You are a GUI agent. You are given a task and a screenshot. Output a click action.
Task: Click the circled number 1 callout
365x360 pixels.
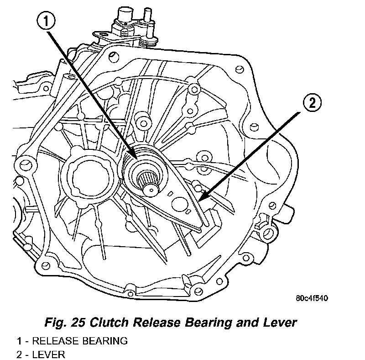click(46, 21)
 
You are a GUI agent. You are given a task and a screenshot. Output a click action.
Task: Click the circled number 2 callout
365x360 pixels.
click(312, 103)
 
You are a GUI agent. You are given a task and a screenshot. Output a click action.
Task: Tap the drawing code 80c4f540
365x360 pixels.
click(312, 298)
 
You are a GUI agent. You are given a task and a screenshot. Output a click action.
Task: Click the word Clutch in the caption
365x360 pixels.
click(109, 323)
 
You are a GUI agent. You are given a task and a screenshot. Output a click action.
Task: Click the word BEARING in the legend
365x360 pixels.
click(105, 341)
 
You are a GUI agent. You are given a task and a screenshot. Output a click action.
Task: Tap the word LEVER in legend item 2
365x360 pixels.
click(49, 355)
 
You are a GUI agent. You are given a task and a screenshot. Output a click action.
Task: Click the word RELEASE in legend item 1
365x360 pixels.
click(56, 341)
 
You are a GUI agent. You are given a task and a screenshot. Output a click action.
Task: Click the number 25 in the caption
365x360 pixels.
click(78, 323)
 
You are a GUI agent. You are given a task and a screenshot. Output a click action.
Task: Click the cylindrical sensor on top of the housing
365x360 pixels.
click(125, 14)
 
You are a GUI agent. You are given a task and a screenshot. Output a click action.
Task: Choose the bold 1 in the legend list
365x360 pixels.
click(19, 341)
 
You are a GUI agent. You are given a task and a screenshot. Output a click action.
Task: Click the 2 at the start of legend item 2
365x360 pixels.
click(19, 355)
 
